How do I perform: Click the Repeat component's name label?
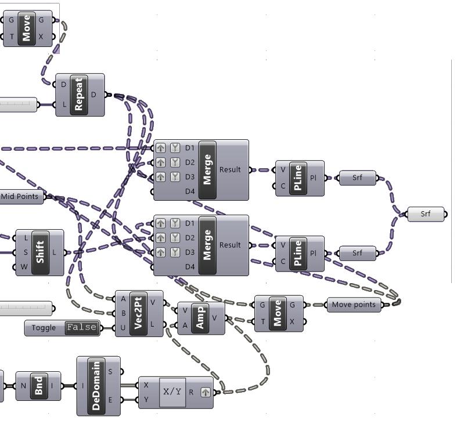click(79, 95)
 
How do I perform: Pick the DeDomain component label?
click(96, 386)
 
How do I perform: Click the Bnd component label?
click(38, 386)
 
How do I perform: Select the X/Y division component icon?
click(172, 392)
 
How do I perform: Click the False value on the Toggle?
click(81, 328)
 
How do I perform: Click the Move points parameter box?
click(354, 305)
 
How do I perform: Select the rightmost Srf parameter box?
click(426, 214)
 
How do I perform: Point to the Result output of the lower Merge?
click(230, 245)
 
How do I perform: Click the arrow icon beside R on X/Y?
click(206, 392)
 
